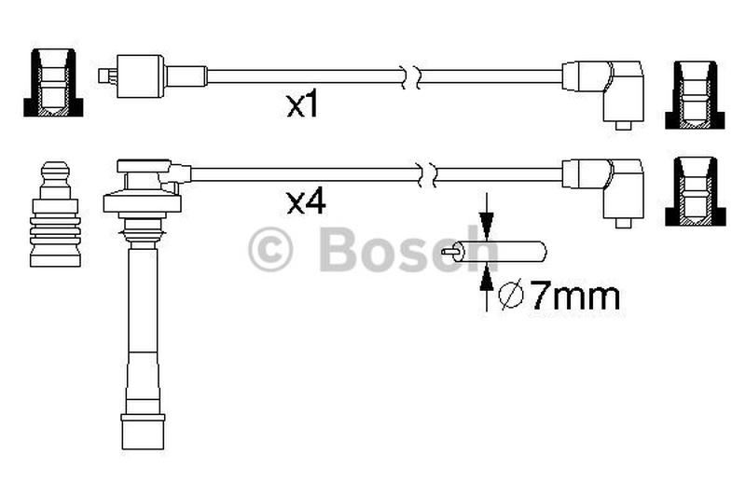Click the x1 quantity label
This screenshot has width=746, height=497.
tap(301, 105)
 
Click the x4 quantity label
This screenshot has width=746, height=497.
tap(306, 202)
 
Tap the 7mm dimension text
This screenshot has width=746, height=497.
tap(574, 296)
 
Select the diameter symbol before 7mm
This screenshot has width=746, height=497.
tap(511, 295)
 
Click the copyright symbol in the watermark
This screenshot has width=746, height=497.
tap(270, 249)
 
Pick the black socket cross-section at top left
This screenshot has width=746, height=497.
tap(53, 82)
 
